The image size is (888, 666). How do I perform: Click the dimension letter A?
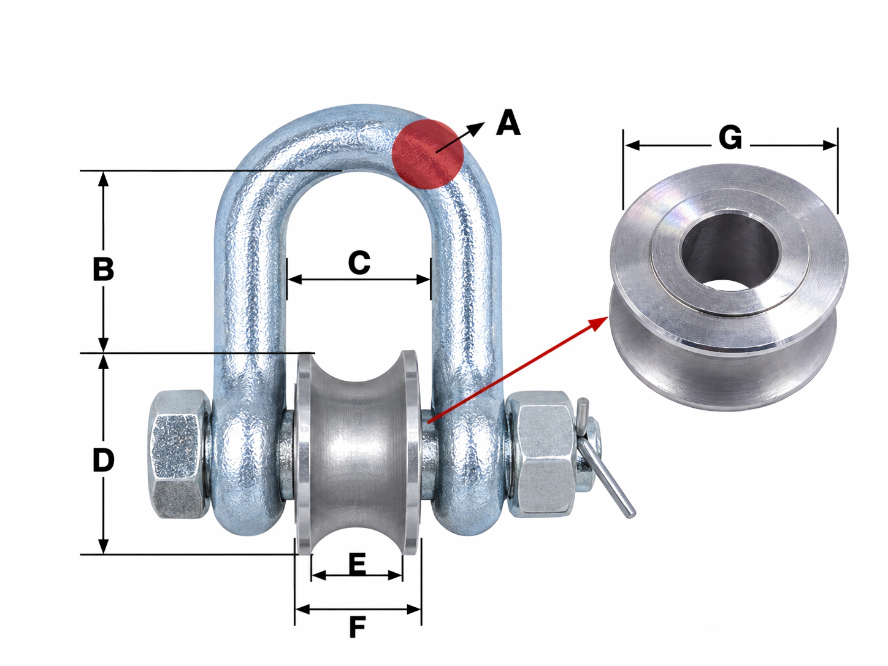[x=508, y=123]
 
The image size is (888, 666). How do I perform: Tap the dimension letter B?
[x=104, y=269]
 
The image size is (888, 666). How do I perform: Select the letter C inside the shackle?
[x=359, y=262]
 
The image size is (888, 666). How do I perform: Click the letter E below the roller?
[x=357, y=564]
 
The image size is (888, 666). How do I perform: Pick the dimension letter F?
[x=358, y=627]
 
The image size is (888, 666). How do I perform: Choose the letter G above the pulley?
[x=730, y=137]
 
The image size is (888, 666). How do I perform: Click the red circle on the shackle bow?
[x=427, y=154]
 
